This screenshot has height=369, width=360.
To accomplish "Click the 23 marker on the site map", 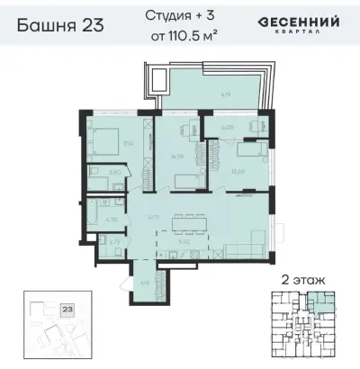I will [x=67, y=309].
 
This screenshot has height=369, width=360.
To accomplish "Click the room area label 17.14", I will [x=127, y=142].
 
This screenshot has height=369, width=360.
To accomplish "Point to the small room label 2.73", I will [x=112, y=241].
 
